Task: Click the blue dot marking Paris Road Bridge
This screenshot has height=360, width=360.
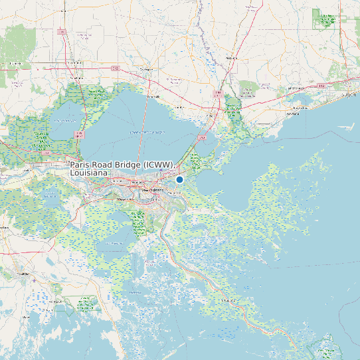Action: [x=179, y=179]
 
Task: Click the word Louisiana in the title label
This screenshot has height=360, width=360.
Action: [x=89, y=173]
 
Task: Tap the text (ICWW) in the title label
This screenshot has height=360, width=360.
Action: [x=160, y=164]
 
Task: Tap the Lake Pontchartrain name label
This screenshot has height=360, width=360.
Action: [x=147, y=132]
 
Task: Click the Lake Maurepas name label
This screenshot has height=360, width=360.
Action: [x=64, y=120]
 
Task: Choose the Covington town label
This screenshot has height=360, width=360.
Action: [x=146, y=68]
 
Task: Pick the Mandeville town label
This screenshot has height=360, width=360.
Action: [x=153, y=97]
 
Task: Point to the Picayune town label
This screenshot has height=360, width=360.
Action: [x=231, y=58]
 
